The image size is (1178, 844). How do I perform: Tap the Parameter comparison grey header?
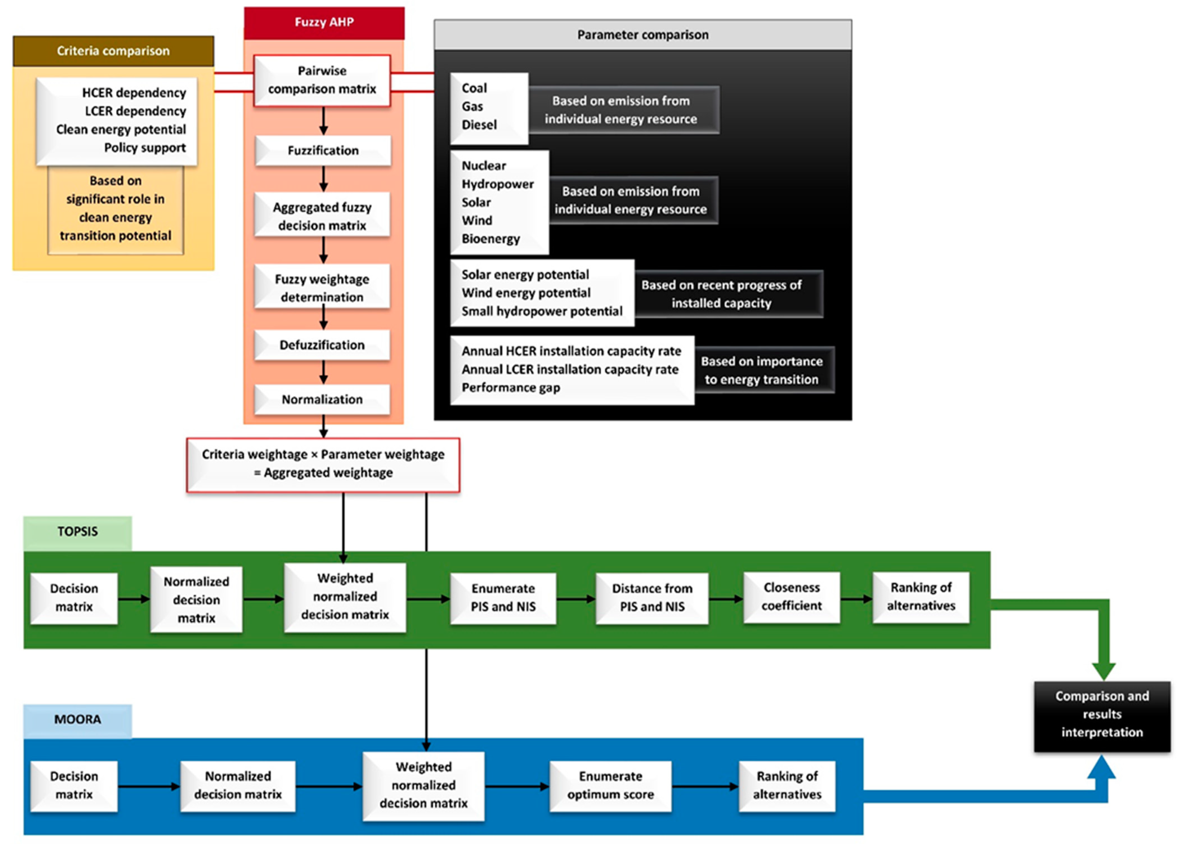(643, 35)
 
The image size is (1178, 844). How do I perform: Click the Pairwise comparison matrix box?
(322, 80)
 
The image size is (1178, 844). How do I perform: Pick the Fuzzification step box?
(323, 151)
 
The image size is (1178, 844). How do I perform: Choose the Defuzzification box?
(322, 345)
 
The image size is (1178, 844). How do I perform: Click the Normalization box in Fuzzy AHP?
(322, 399)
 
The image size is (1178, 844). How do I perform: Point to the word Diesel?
(479, 125)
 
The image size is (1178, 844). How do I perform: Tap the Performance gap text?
(511, 388)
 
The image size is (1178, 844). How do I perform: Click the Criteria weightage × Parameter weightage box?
(323, 464)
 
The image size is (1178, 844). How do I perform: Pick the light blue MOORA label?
(77, 719)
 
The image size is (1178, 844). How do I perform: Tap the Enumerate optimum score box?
(610, 785)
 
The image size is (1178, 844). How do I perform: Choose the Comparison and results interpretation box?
(1102, 715)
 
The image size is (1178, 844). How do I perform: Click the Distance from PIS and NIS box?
(652, 598)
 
